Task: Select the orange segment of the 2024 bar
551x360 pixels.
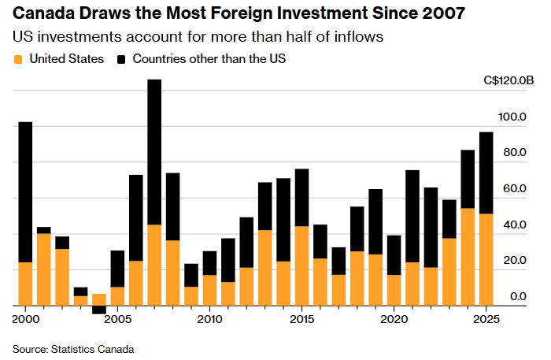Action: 468,257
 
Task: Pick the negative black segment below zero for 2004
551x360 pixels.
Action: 99,310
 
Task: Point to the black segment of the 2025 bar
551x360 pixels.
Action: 486,173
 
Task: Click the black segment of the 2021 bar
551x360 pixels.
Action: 412,216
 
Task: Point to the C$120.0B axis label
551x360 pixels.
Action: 509,80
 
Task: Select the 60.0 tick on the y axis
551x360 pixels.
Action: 516,189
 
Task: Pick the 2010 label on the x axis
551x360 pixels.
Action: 209,320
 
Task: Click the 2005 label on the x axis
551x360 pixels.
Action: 117,320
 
